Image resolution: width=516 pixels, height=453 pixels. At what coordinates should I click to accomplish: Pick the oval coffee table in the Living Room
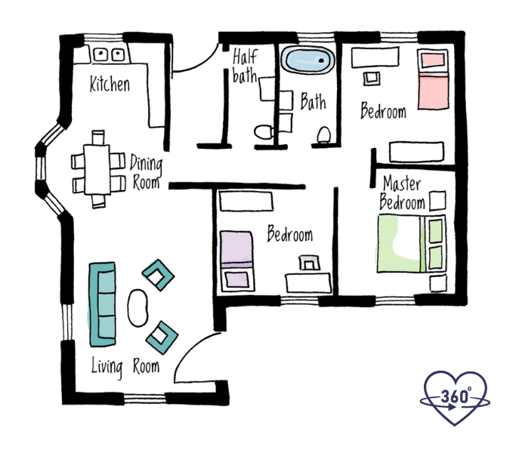pyautogui.click(x=139, y=308)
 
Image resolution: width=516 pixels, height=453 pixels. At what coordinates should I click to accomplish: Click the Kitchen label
pyautogui.click(x=110, y=84)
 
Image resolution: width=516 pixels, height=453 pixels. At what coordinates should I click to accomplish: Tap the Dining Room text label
pyautogui.click(x=145, y=172)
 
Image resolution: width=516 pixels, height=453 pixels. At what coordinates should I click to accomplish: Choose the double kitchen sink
pyautogui.click(x=109, y=54)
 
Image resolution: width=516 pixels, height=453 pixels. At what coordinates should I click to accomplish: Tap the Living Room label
pyautogui.click(x=125, y=367)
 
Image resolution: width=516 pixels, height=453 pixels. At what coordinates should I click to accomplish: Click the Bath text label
pyautogui.click(x=313, y=101)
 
